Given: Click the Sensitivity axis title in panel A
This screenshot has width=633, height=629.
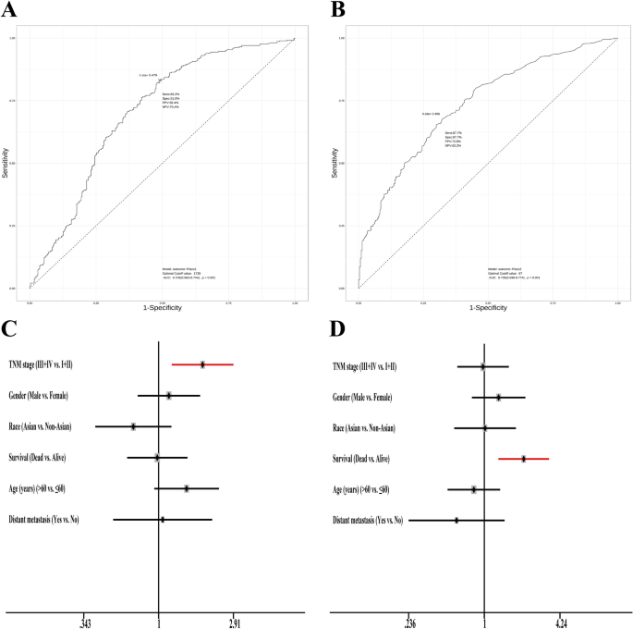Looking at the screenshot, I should pyautogui.click(x=6, y=163).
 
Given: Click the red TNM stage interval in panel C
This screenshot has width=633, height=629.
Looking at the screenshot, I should pyautogui.click(x=202, y=364).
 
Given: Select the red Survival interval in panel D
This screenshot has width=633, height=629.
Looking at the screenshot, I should pyautogui.click(x=523, y=458).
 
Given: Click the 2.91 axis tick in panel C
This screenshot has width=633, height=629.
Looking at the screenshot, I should pyautogui.click(x=235, y=622).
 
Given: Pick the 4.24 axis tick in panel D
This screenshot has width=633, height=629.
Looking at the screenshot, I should pyautogui.click(x=561, y=622).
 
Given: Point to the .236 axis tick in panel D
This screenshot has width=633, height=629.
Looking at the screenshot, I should pyautogui.click(x=410, y=622).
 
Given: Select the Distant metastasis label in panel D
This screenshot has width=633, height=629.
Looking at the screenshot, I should pyautogui.click(x=368, y=521).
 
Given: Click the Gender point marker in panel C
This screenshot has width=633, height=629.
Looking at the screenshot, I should pyautogui.click(x=169, y=396).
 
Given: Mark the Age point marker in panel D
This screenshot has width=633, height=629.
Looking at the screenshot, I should pyautogui.click(x=474, y=489).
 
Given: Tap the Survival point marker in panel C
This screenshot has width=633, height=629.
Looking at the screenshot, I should pyautogui.click(x=157, y=458).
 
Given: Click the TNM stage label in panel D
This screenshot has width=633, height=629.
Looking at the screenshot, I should pyautogui.click(x=365, y=365).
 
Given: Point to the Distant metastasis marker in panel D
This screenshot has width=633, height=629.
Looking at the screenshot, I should pyautogui.click(x=456, y=521).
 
